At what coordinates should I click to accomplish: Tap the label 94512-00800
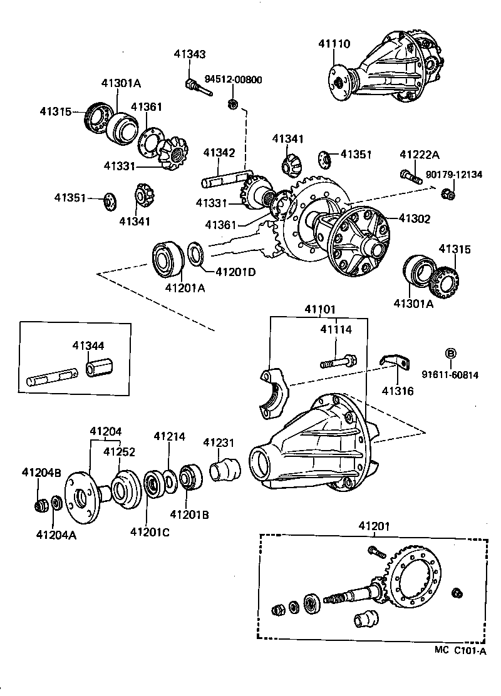234,79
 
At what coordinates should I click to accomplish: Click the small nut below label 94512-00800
232,104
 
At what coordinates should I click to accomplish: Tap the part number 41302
414,219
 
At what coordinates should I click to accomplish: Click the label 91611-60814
449,375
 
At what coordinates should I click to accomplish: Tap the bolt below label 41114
339,362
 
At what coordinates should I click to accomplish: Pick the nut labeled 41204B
43,504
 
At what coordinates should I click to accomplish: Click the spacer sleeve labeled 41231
224,470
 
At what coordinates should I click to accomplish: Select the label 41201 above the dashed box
374,527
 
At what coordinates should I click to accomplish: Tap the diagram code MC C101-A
460,650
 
